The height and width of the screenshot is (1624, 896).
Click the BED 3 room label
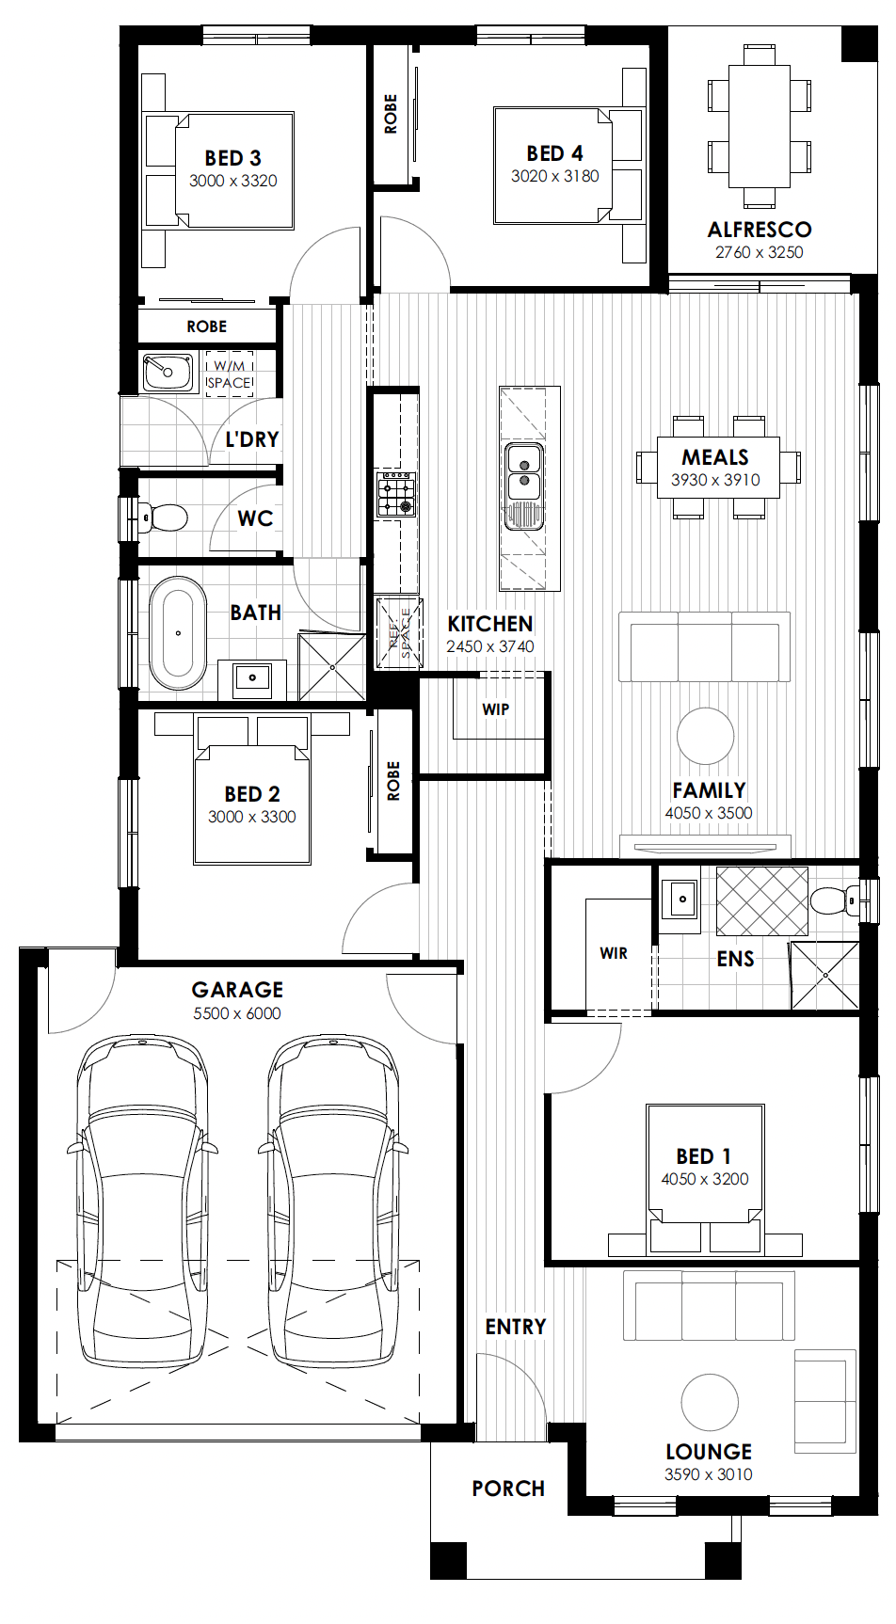click(233, 158)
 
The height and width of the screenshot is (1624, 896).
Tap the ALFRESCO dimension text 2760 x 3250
click(760, 252)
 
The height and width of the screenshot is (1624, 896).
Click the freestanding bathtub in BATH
click(178, 633)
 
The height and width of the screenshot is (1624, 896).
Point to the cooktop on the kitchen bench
click(396, 495)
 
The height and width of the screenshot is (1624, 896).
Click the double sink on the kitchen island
click(524, 472)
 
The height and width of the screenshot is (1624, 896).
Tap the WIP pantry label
click(496, 709)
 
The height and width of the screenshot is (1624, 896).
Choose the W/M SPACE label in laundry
click(229, 374)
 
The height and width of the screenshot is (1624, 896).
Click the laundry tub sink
click(168, 373)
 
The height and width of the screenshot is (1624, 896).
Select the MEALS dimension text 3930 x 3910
click(715, 480)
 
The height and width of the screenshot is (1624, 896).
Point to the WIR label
click(614, 953)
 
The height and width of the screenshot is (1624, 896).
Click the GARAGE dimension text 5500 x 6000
click(237, 1013)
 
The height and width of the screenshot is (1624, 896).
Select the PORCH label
click(508, 1489)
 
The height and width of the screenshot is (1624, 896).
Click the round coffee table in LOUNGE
click(710, 1402)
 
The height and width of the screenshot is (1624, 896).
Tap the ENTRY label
click(516, 1327)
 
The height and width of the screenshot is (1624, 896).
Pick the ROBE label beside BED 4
click(391, 114)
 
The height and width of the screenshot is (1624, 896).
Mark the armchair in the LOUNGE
click(825, 1401)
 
